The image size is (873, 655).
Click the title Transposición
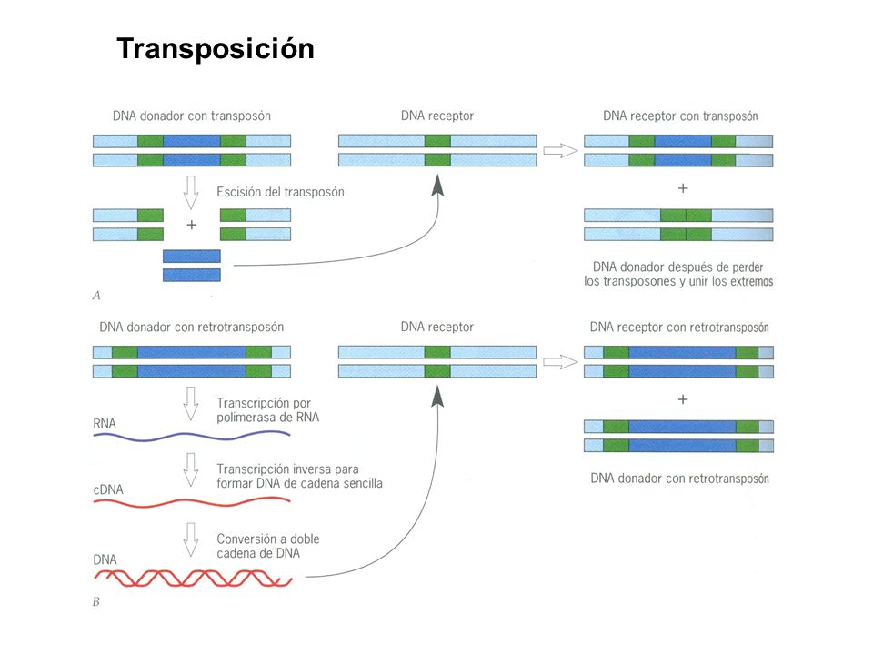click(x=216, y=48)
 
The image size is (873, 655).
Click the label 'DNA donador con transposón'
click(x=192, y=116)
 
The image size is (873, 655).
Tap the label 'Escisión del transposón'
click(x=280, y=192)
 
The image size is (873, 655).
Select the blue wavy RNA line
click(x=192, y=437)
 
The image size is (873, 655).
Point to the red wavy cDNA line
click(x=192, y=503)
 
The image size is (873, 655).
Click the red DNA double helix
click(x=193, y=579)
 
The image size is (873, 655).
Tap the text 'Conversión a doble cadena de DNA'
click(x=267, y=546)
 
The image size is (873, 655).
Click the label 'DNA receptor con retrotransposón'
click(x=679, y=327)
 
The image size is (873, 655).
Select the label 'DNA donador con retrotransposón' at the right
click(x=679, y=479)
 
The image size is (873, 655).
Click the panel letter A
click(x=96, y=295)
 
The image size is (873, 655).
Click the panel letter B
click(x=95, y=601)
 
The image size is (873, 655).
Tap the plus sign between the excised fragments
click(x=192, y=225)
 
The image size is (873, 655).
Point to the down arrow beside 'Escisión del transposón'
click(x=191, y=193)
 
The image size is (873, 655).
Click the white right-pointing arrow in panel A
click(x=561, y=150)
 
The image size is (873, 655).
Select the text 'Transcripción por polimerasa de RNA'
click(x=267, y=410)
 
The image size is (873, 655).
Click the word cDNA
click(x=108, y=489)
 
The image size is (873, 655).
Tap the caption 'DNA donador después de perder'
click(x=677, y=267)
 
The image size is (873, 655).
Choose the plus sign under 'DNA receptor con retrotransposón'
click(x=683, y=399)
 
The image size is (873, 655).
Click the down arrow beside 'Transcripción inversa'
click(x=191, y=470)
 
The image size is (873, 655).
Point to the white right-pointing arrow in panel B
click(x=561, y=362)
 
